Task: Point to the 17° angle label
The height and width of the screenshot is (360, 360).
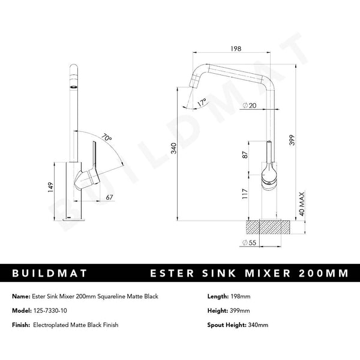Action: coord(202,101)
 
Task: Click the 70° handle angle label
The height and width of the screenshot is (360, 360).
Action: coord(107,139)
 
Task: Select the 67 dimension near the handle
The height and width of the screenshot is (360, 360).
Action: coord(109,197)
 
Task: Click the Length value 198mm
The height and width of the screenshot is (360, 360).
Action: coord(237,297)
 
